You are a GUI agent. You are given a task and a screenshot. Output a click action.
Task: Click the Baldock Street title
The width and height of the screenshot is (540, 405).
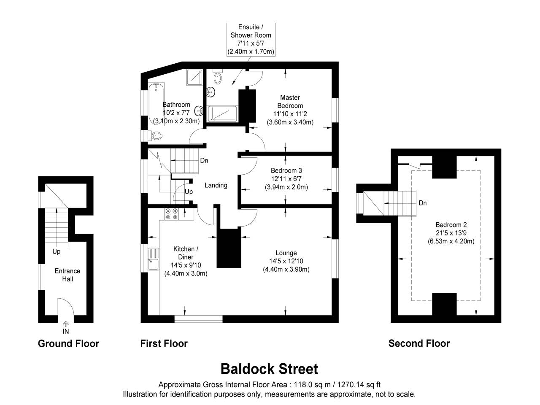(269, 369)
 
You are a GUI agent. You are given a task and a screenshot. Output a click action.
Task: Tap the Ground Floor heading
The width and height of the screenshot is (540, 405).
(68, 343)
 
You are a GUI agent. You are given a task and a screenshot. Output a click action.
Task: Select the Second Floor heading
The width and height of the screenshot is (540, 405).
(419, 343)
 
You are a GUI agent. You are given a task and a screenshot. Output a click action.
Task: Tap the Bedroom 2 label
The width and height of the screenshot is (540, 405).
(451, 233)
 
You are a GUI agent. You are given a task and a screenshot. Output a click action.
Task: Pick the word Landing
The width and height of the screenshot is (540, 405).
(216, 185)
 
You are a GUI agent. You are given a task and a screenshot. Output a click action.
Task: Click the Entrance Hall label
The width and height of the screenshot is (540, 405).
(67, 275)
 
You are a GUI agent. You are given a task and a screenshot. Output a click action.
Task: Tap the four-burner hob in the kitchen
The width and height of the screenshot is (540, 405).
(172, 214)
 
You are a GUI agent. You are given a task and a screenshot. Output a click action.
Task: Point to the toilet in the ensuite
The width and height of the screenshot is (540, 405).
(218, 77)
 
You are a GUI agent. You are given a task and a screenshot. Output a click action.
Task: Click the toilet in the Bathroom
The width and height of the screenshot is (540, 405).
(156, 135)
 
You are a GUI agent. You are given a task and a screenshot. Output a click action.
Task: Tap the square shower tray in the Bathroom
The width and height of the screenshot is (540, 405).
(194, 77)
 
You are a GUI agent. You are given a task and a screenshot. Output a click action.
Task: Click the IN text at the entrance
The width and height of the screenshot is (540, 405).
(66, 331)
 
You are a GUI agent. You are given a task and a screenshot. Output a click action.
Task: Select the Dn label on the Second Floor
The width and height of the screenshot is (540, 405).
(422, 203)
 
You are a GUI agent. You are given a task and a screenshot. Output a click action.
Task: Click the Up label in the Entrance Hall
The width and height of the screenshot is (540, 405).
(56, 251)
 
